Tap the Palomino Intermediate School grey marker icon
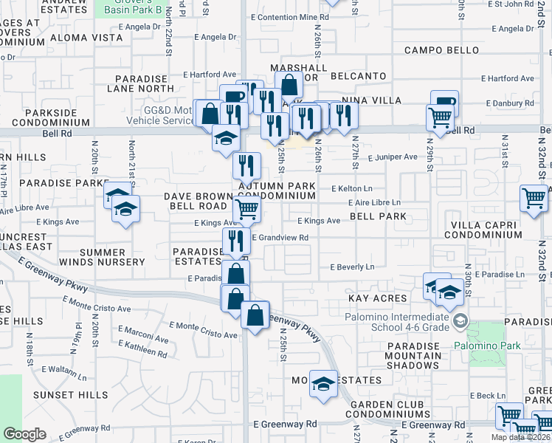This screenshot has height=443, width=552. [460, 320]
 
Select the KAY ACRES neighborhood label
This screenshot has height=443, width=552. [378, 298]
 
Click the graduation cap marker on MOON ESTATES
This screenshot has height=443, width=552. [322, 384]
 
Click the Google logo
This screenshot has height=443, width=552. [24, 434]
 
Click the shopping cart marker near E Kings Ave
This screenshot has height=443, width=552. [246, 209]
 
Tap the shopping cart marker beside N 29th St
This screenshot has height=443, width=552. [440, 116]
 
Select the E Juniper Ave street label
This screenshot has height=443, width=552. [390, 157]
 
